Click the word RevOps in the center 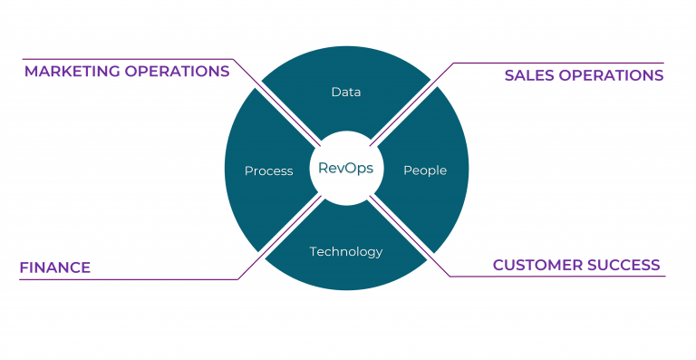tap(345, 169)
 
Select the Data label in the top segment tap(345, 92)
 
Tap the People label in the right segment tap(424, 170)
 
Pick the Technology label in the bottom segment tap(346, 251)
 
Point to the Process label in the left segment tap(268, 170)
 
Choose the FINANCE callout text tap(55, 268)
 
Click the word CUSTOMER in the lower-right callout tap(535, 265)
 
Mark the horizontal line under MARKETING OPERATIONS tap(127, 60)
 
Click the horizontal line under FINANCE tap(127, 279)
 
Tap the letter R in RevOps tap(323, 169)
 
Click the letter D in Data tap(335, 92)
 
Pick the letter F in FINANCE tap(24, 268)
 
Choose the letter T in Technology tap(314, 251)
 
